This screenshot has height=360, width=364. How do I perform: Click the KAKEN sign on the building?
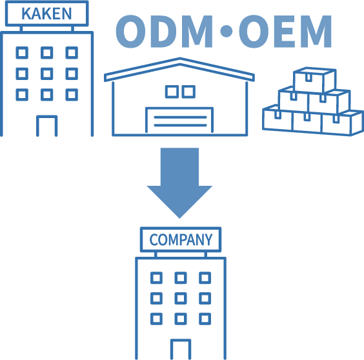pyautogui.click(x=46, y=14)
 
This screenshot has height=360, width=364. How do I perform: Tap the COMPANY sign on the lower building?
pyautogui.click(x=181, y=239)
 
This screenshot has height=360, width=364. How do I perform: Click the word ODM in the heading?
pyautogui.click(x=165, y=32)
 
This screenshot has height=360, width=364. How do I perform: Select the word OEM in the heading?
pyautogui.click(x=285, y=32)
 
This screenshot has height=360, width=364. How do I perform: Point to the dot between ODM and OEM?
pyautogui.click(x=226, y=31)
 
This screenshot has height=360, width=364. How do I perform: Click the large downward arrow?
pyautogui.click(x=179, y=183)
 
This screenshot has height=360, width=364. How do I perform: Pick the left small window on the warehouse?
pyautogui.click(x=172, y=92)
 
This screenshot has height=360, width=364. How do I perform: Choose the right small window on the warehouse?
pyautogui.click(x=188, y=92)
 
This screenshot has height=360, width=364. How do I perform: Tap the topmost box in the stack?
pyautogui.click(x=314, y=80)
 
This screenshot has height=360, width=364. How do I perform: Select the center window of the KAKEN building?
pyautogui.click(x=47, y=74)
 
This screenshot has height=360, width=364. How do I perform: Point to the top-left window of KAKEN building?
pyautogui.click(x=22, y=53)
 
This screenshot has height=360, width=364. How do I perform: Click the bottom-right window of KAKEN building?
pyautogui.click(x=72, y=95)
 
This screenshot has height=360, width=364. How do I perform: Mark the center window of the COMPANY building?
pyautogui.click(x=181, y=298)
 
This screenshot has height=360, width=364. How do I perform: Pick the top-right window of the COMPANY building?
pyautogui.click(x=205, y=278)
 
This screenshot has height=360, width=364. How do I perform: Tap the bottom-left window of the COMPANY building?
pyautogui.click(x=156, y=319)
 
